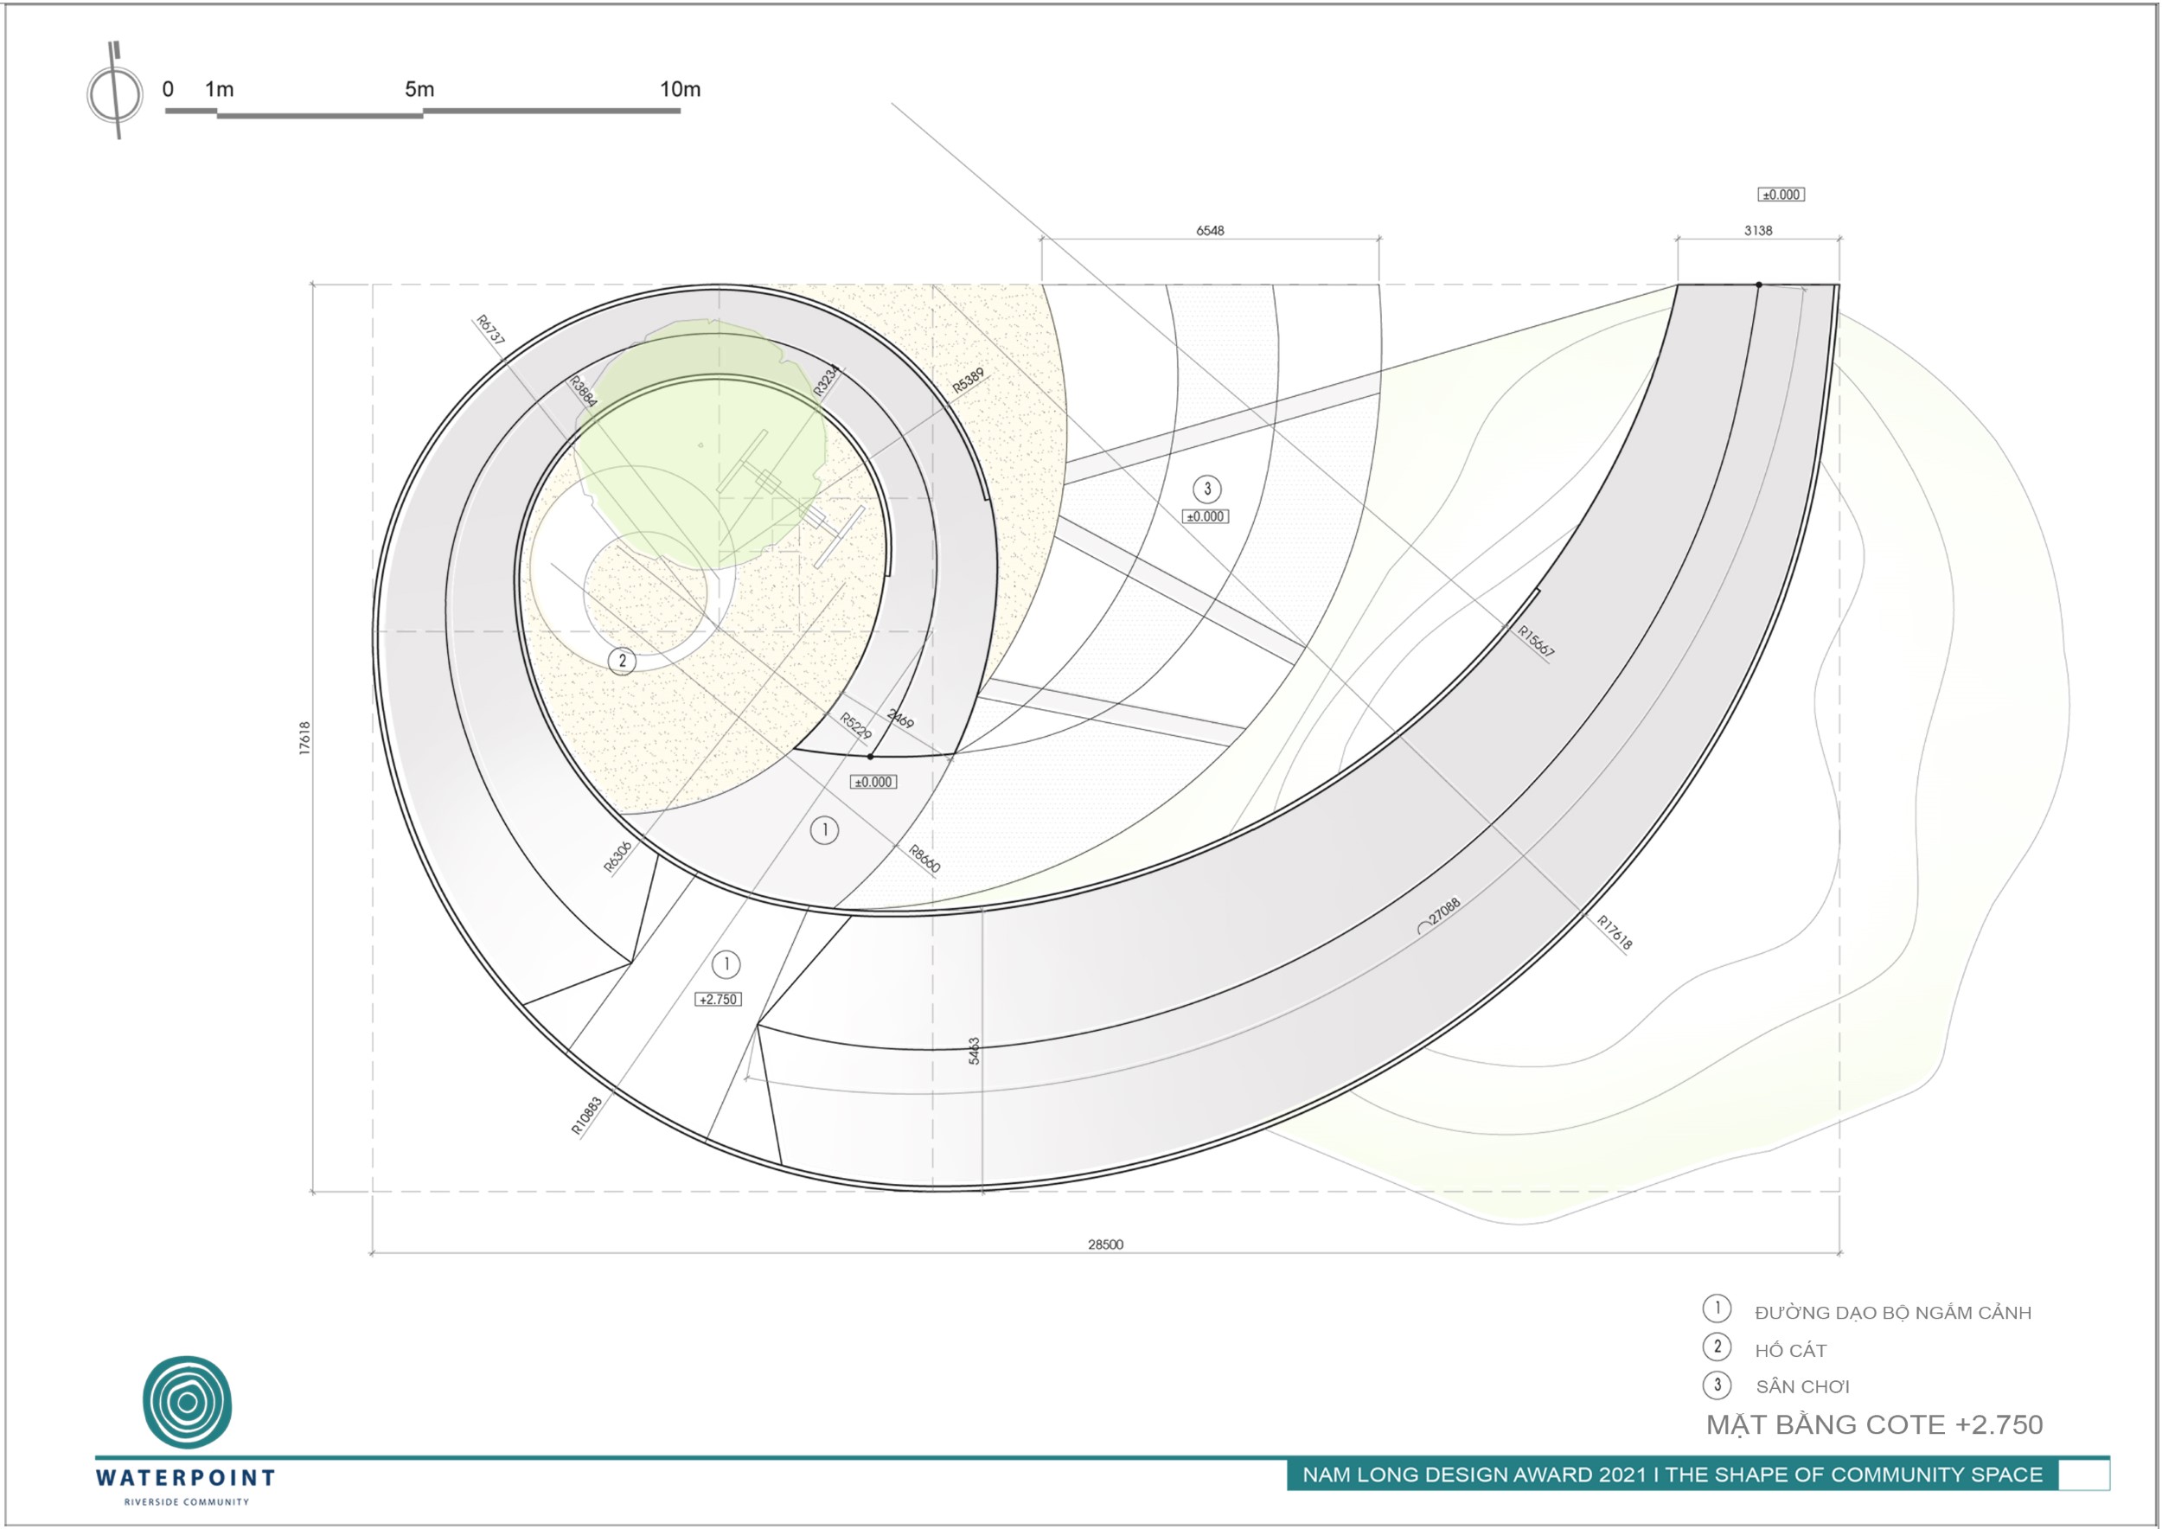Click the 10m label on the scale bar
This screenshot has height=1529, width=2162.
pyautogui.click(x=680, y=89)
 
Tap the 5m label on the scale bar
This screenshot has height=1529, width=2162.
pyautogui.click(x=420, y=89)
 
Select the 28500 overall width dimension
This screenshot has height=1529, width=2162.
pyautogui.click(x=1105, y=1244)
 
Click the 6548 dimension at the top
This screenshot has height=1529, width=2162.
pyautogui.click(x=1210, y=231)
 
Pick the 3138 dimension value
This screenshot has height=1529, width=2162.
pyautogui.click(x=1758, y=231)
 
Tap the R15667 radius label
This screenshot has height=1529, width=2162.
pyautogui.click(x=1536, y=641)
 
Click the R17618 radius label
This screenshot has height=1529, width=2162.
pyautogui.click(x=1614, y=932)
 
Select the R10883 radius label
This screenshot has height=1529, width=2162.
pyautogui.click(x=586, y=1116)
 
